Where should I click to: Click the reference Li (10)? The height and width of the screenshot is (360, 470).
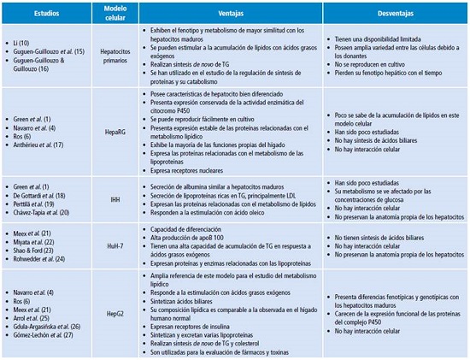click(26, 42)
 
